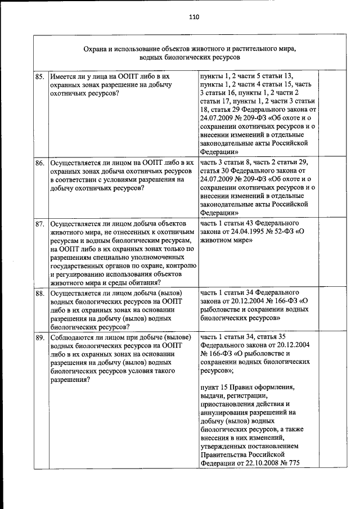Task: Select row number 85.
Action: [x=40, y=76]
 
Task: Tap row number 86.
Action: [x=40, y=163]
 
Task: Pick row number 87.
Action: [x=40, y=223]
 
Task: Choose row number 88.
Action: [x=40, y=294]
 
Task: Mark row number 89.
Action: [x=40, y=337]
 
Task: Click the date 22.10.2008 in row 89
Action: [x=259, y=463]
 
